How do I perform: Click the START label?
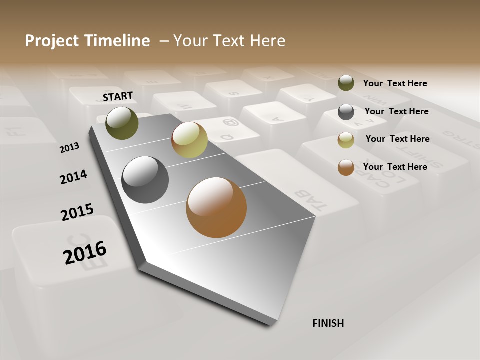point(118,96)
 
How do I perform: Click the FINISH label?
point(328,323)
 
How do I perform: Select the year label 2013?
point(70,147)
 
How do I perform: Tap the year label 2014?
point(74,177)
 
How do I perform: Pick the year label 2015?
point(77,212)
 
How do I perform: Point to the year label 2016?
point(85,252)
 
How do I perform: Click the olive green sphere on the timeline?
point(122,123)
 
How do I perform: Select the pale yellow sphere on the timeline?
point(189,140)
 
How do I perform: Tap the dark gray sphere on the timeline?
point(145,180)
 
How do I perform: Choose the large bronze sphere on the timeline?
point(216,207)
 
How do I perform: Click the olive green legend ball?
point(346,83)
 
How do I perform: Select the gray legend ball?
point(346,112)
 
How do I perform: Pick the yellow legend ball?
point(346,140)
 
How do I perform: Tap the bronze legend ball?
point(346,167)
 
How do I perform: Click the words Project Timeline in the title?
point(87,41)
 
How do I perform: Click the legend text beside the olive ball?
point(395,83)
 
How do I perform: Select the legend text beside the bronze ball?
point(395,167)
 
